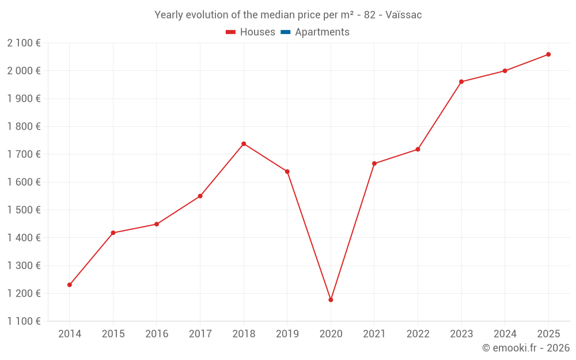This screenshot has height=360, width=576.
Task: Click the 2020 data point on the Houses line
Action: click(x=331, y=300)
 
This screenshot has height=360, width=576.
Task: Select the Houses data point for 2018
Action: click(x=244, y=143)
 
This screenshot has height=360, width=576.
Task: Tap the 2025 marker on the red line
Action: click(x=548, y=54)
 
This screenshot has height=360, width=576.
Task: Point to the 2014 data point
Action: click(x=70, y=285)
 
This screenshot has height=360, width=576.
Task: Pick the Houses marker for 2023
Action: click(x=461, y=82)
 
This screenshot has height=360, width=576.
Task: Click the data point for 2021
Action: click(x=374, y=164)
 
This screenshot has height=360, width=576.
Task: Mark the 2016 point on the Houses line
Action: click(x=157, y=224)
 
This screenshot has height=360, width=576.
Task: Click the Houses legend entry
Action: click(x=257, y=32)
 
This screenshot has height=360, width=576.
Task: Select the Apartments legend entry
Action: click(x=322, y=32)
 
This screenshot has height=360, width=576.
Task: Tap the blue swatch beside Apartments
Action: click(x=285, y=32)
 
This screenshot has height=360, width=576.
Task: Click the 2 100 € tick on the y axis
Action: click(x=24, y=43)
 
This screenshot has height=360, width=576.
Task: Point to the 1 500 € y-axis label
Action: click(x=24, y=210)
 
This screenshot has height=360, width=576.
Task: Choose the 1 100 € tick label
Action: click(x=24, y=321)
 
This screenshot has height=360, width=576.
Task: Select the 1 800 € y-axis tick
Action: click(x=24, y=126)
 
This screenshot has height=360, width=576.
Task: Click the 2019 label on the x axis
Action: click(x=287, y=334)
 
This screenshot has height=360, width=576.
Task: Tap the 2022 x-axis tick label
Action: click(x=418, y=334)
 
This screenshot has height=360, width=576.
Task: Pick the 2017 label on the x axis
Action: click(x=200, y=334)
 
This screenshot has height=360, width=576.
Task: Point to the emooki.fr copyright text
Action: click(x=526, y=348)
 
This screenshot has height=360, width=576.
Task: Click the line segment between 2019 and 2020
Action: click(x=309, y=236)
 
